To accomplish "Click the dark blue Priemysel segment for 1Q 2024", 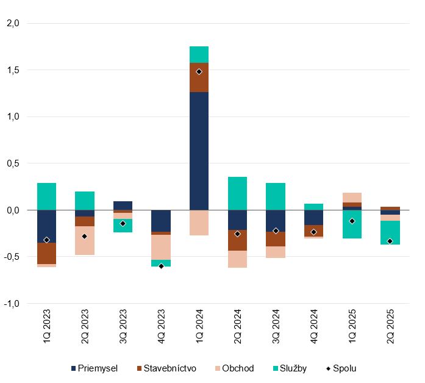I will coord(199,151).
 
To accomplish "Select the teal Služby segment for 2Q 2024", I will coord(237,193).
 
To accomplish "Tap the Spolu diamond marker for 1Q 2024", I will coord(199,71).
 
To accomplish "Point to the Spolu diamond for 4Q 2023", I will coord(161,266).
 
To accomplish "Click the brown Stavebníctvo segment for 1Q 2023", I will coord(46,253).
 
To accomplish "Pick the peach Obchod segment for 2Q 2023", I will coord(85,240).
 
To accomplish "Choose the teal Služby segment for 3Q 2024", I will coord(276,196).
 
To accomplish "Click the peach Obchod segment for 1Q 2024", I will coord(199,223).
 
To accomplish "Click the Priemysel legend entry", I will coord(94,368).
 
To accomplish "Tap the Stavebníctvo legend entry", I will coord(166,368).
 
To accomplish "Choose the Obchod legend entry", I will coord(234,368).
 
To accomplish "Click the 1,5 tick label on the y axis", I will coord(12,70).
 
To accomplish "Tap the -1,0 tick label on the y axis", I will coord(12,303).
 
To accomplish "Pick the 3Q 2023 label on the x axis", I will coord(123,329).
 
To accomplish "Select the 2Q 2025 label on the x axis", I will coord(390,329).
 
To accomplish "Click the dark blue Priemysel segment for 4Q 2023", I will coord(161,221).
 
